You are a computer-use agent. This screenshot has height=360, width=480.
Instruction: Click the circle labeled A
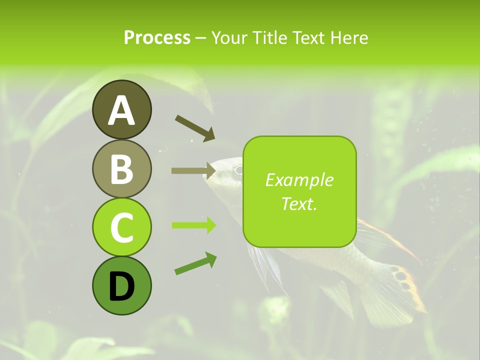pyautogui.click(x=121, y=109)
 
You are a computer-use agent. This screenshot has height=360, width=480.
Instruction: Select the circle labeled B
pyautogui.click(x=121, y=168)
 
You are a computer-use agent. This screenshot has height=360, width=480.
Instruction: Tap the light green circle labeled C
pyautogui.click(x=121, y=227)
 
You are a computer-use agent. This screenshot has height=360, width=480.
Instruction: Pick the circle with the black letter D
pyautogui.click(x=121, y=286)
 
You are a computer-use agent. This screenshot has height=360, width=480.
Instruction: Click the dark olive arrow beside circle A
pyautogui.click(x=195, y=127)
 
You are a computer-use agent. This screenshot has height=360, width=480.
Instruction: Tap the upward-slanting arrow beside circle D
pyautogui.click(x=195, y=264)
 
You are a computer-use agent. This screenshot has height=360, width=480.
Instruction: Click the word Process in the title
pyautogui.click(x=157, y=37)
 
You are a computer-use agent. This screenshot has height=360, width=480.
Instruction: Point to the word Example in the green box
pyautogui.click(x=299, y=180)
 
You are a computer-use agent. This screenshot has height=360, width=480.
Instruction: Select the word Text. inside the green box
pyautogui.click(x=299, y=203)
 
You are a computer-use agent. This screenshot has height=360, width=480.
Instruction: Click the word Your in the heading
pyautogui.click(x=229, y=37)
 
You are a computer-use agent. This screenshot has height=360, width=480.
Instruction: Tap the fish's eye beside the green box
pyautogui.click(x=238, y=169)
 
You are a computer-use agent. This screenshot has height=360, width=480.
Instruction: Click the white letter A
pyautogui.click(x=121, y=110)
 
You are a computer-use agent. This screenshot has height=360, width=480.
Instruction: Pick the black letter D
pyautogui.click(x=121, y=286)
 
